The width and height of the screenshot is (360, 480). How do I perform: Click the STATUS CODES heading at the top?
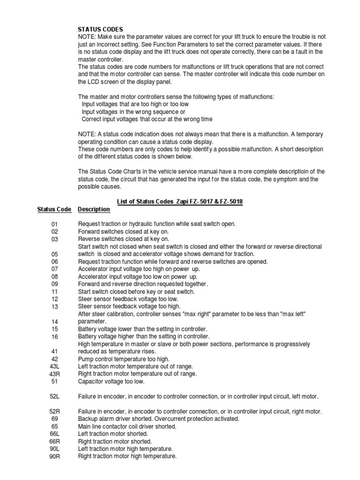coord(100,29)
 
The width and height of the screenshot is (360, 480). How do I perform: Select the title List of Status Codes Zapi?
coord(179,201)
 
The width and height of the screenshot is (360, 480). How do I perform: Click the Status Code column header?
coord(54,209)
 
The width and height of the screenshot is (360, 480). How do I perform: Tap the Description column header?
coord(94,209)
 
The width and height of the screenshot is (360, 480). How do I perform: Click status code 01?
coord(55,224)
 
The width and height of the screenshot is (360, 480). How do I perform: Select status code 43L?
coord(55,367)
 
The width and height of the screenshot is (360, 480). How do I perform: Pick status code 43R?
coord(55,374)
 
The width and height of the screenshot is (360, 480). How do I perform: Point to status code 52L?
coord(55,397)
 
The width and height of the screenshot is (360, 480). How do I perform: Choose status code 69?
coord(55,419)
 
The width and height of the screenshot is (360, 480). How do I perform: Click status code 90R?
coord(55,456)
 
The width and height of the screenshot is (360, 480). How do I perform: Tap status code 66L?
coord(55,434)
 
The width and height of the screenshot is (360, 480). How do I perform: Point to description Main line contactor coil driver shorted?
coord(127,426)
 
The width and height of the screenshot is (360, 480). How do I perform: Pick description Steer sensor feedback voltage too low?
coord(128,299)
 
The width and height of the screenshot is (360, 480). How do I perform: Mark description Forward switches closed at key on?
coord(123,231)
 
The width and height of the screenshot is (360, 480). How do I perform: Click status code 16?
coord(55,337)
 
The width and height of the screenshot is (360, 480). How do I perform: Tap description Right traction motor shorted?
coord(115,441)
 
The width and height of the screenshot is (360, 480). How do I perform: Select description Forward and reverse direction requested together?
coord(143,284)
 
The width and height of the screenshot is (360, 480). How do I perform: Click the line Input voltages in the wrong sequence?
coord(134,112)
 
